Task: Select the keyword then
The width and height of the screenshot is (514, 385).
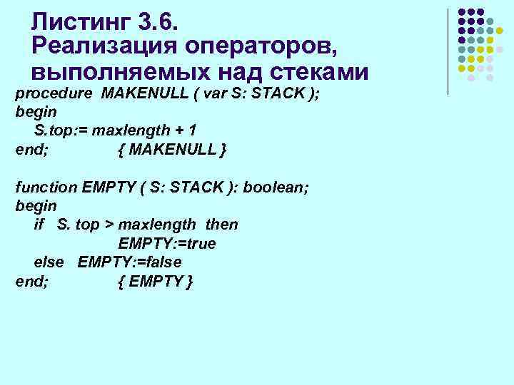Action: pos(221,225)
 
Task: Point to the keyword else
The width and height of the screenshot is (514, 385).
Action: pos(49,262)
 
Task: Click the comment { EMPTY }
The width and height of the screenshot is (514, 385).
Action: pos(155,281)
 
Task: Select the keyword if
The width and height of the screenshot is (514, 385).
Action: pos(39,225)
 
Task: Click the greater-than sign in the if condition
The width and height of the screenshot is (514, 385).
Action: pos(109,225)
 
